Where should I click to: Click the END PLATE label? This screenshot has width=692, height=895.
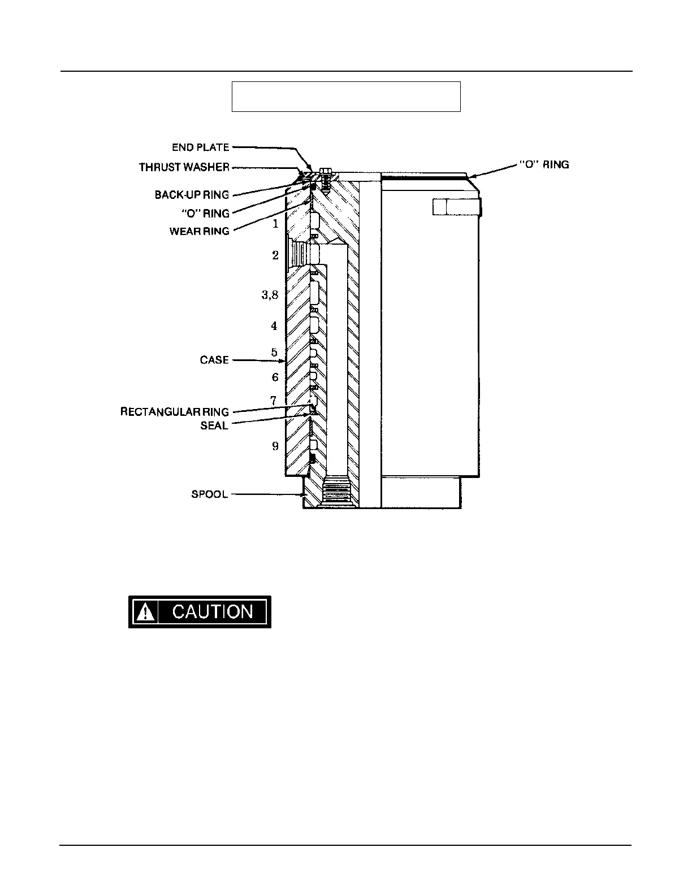point(201,147)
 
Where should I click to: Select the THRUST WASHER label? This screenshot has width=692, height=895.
point(184,167)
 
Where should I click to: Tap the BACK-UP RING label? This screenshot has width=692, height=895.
point(192,195)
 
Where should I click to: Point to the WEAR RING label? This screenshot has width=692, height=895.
point(200,231)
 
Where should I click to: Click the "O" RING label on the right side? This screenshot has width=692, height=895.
point(544,164)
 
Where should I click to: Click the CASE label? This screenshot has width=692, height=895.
point(214,360)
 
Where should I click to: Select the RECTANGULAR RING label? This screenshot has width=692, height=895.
point(175,412)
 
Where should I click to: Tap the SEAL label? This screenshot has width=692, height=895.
point(214,425)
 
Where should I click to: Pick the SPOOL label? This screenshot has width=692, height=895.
point(210,494)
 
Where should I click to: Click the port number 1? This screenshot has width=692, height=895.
point(275,224)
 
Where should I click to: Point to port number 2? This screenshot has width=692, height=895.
point(275,255)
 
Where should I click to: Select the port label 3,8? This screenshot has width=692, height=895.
point(270,295)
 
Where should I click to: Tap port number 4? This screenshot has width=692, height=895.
point(274,326)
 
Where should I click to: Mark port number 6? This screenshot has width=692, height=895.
point(275,377)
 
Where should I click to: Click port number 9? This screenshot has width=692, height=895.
point(275,446)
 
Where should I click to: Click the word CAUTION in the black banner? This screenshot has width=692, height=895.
point(213,612)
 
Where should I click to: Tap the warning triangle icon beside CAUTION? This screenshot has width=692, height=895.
point(145,612)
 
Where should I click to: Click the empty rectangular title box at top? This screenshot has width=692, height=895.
point(346,97)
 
